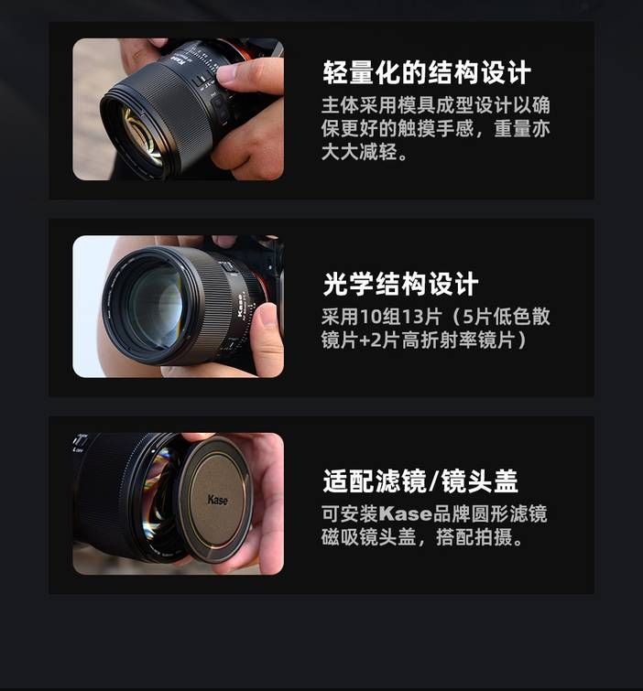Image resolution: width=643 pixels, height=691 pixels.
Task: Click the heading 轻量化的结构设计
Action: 427,72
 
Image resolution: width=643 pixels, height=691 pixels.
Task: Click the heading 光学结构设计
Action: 400,284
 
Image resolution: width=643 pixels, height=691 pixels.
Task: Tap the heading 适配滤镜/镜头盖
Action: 420,480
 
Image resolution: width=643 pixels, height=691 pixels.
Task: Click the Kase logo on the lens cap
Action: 217,500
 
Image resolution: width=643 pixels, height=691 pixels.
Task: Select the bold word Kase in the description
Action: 406,513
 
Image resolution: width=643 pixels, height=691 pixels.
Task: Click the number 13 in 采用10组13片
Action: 412,317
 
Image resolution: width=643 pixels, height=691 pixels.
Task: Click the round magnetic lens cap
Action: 215,500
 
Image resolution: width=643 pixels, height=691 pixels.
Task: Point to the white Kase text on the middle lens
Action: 241,305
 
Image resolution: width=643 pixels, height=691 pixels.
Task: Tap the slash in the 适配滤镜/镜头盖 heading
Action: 433,480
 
